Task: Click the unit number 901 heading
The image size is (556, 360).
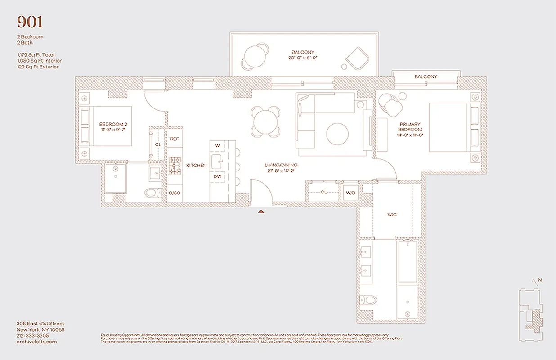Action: click(x=30, y=22)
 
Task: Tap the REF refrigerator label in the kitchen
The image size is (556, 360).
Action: click(x=175, y=139)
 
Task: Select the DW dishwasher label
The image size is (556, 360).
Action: click(x=217, y=176)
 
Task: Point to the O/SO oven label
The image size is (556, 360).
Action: click(x=175, y=193)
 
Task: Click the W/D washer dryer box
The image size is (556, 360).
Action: click(x=350, y=193)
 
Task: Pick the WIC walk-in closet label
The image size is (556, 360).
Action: click(x=392, y=215)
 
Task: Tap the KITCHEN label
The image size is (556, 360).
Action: click(x=197, y=166)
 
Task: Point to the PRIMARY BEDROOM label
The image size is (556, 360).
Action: click(x=409, y=127)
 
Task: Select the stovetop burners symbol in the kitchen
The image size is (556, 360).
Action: click(x=175, y=166)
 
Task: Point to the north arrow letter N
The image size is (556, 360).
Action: click(x=540, y=280)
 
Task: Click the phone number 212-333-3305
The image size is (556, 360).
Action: click(x=32, y=335)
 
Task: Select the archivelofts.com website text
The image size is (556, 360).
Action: click(x=36, y=342)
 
